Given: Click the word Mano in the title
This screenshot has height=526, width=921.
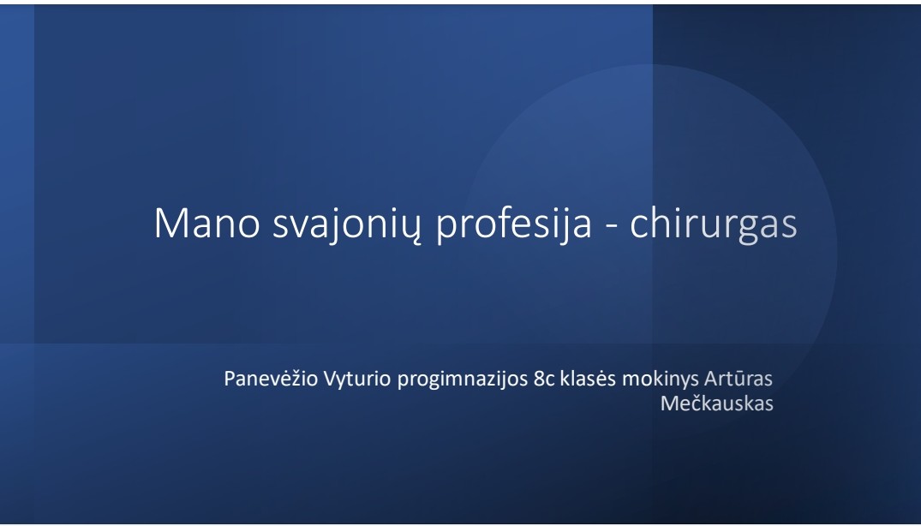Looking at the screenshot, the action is [x=206, y=223].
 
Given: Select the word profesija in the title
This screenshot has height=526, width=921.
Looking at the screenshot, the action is [x=513, y=225].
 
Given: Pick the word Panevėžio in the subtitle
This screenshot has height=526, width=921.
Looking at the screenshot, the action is [x=271, y=379].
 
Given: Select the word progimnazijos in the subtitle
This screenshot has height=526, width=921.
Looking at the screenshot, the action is [x=463, y=380].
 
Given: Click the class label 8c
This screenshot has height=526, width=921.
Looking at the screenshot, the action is [x=545, y=380].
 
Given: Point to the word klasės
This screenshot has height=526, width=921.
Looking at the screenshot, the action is [x=588, y=379].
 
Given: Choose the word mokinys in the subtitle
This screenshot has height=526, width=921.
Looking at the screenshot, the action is [x=661, y=380].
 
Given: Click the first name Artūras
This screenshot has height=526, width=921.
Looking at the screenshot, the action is [x=739, y=379].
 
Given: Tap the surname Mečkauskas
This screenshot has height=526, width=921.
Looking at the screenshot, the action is [x=716, y=403].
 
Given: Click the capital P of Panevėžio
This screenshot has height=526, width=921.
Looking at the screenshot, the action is [x=230, y=380].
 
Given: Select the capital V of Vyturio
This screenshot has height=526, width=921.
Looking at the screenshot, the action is [x=331, y=380].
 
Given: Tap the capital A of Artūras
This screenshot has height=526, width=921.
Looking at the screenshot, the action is [x=711, y=380].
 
